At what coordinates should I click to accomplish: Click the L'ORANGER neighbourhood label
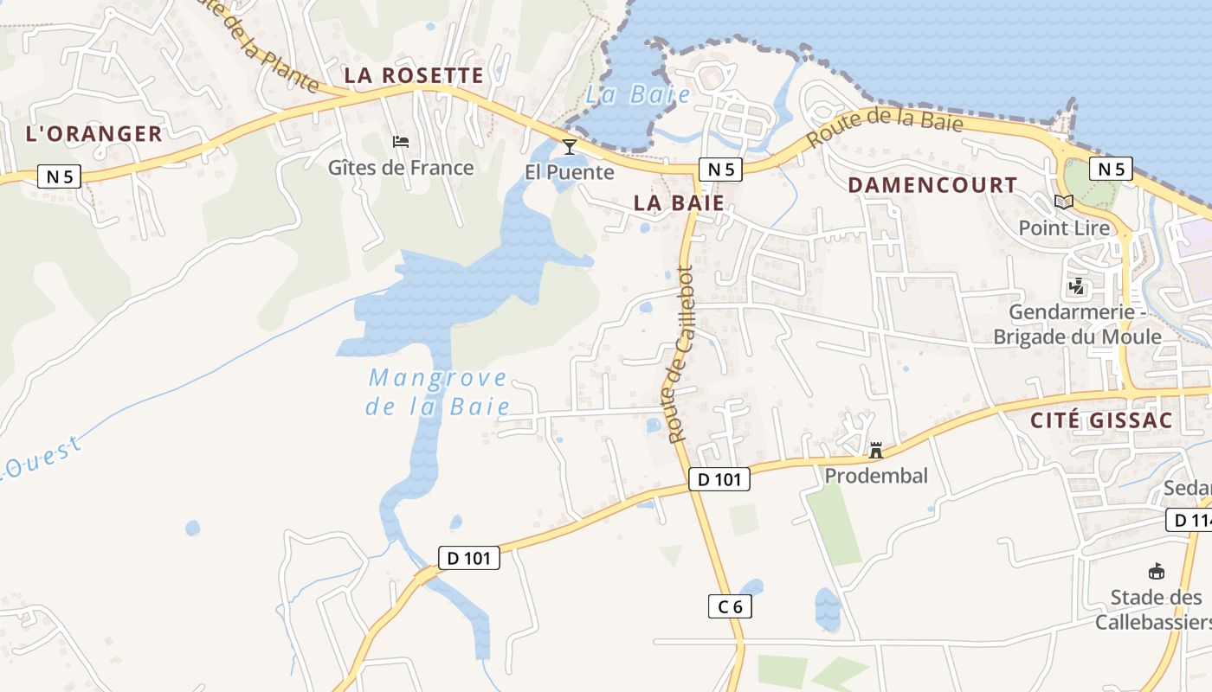[x=94, y=134]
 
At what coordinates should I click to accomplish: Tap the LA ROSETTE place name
[x=414, y=75]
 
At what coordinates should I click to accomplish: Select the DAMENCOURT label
[x=932, y=185]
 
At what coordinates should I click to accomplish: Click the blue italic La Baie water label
[x=638, y=95]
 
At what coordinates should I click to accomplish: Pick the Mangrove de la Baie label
[x=437, y=392]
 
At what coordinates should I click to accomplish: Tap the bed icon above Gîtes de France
[x=400, y=142]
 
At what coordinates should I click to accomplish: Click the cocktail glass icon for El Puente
[x=570, y=146]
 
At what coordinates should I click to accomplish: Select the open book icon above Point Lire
[x=1064, y=202]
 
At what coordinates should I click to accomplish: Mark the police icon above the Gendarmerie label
[x=1077, y=285]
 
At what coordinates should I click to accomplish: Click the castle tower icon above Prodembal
[x=876, y=450]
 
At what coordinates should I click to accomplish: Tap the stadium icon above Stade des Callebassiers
[x=1156, y=571]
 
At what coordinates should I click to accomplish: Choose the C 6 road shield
[x=730, y=606]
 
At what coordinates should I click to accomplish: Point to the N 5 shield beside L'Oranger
[x=59, y=176]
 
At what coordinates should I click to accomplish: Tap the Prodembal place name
[x=876, y=475]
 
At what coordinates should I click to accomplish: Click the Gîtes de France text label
[x=401, y=168]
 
